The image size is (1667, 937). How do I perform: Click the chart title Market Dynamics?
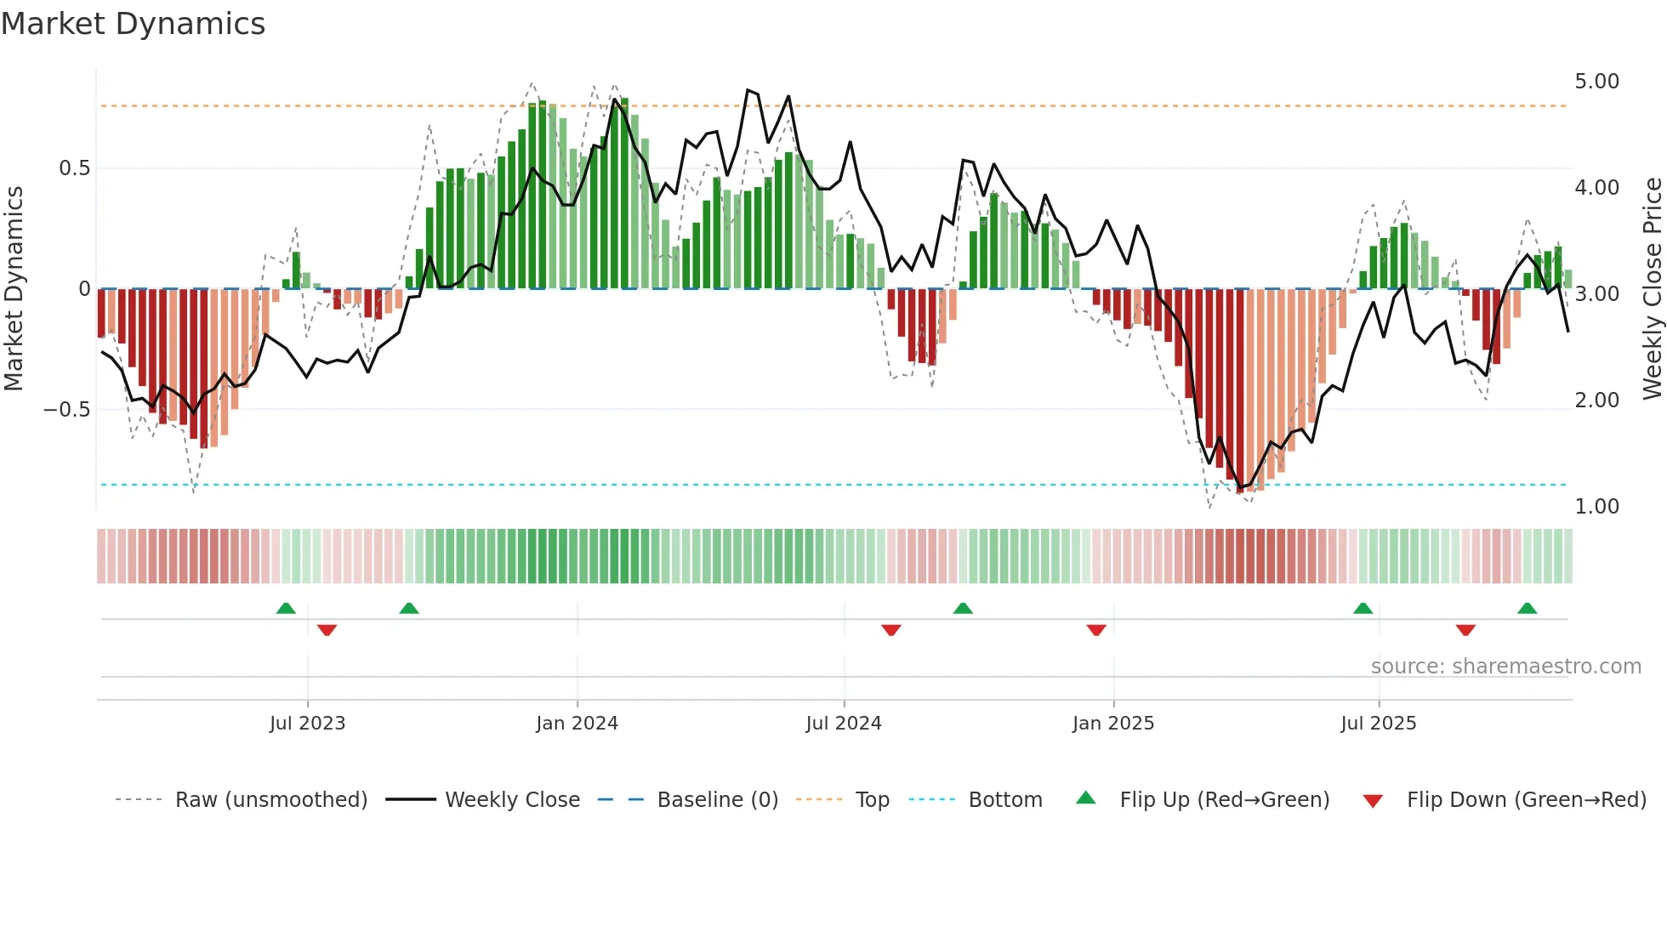coord(133,24)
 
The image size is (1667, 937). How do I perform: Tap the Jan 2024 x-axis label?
coord(577,724)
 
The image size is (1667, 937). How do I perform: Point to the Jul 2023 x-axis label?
coord(307,724)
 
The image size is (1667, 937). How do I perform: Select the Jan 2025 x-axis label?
coord(1112,724)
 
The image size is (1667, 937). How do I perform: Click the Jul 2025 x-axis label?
coord(1378,724)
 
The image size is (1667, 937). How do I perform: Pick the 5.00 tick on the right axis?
coord(1596,82)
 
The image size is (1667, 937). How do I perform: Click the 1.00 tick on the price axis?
coord(1596,507)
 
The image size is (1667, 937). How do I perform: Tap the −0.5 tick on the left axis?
coord(66,410)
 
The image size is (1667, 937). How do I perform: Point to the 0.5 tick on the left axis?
coord(74,168)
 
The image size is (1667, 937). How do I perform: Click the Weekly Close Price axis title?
coord(1652,288)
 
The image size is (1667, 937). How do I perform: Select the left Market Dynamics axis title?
coord(14,288)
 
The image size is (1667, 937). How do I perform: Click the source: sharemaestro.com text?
coord(1505,667)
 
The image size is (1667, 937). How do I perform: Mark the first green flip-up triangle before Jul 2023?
coord(286,609)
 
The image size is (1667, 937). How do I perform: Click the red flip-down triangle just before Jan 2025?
coord(1096,630)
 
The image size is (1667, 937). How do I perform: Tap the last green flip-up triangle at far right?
coord(1527,609)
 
